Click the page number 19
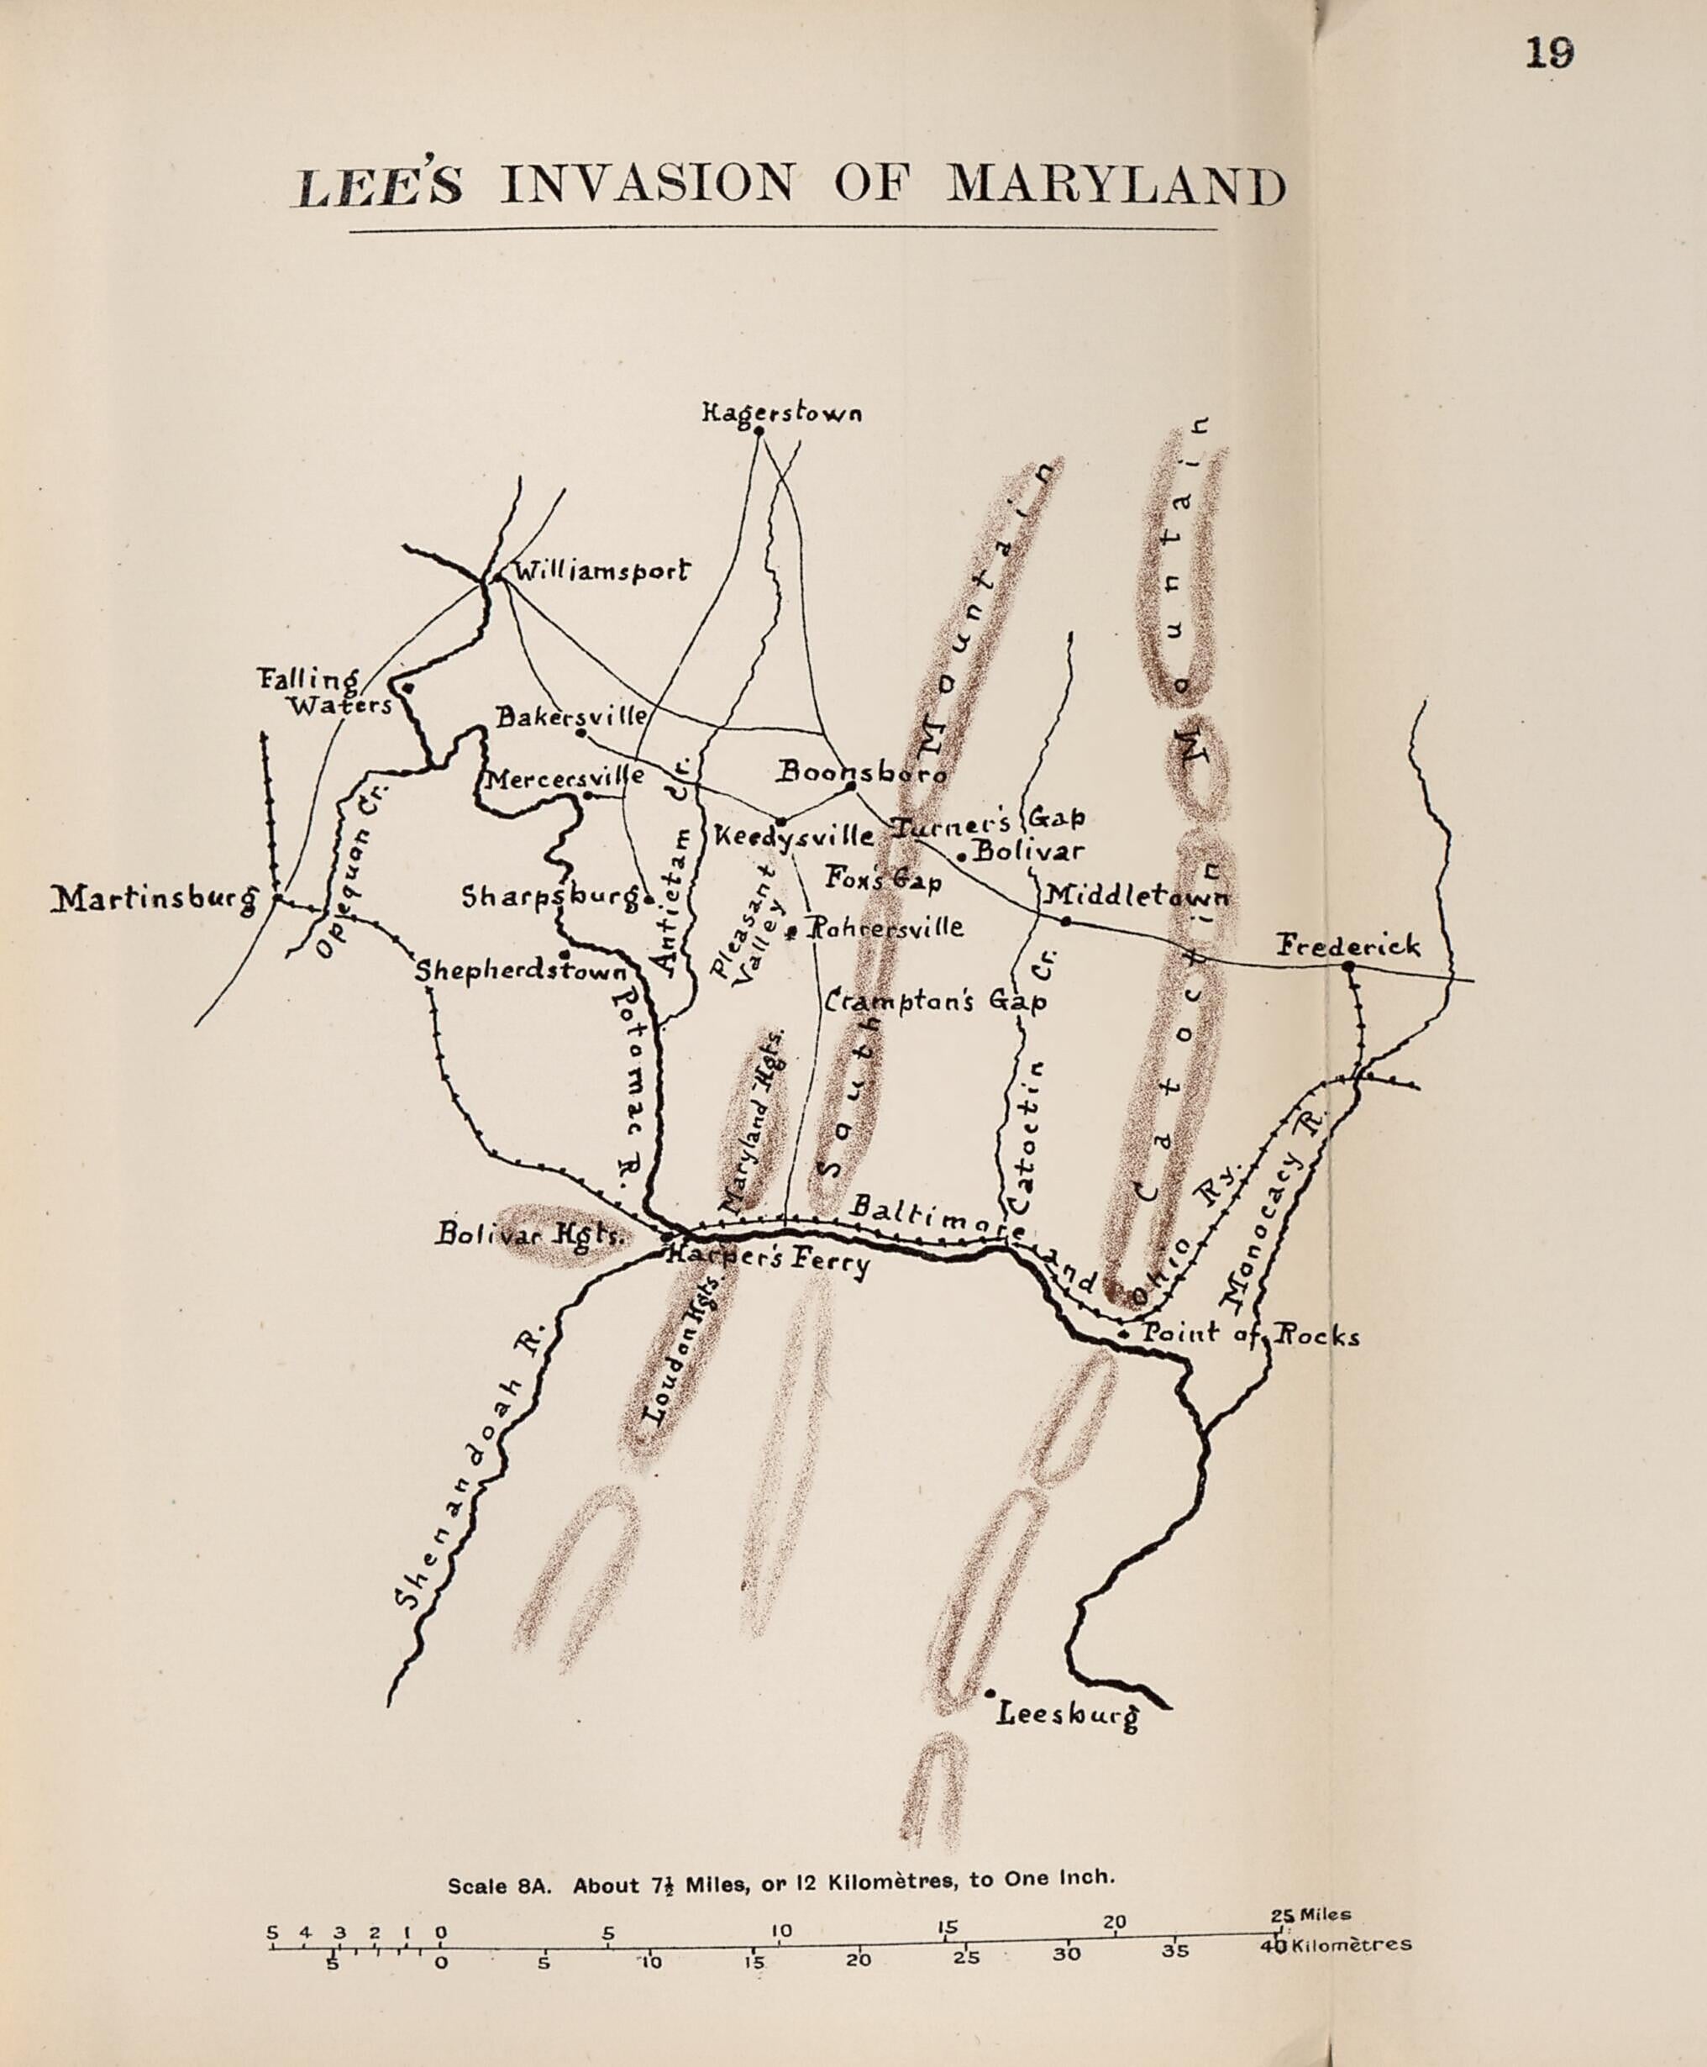pyautogui.click(x=1549, y=52)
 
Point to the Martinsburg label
pyautogui.click(x=154, y=897)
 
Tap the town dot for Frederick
pyautogui.click(x=1348, y=966)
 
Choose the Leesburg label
pyautogui.click(x=1067, y=1715)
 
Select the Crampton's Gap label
pyautogui.click(x=935, y=1002)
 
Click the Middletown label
pyautogui.click(x=1136, y=896)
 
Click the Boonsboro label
pyautogui.click(x=861, y=773)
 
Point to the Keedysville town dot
pyautogui.click(x=780, y=821)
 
